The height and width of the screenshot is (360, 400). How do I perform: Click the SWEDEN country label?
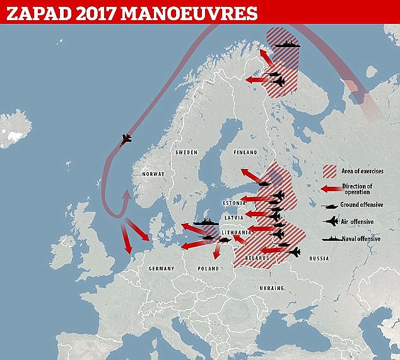(186, 153)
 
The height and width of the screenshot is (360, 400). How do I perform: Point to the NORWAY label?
(153, 174)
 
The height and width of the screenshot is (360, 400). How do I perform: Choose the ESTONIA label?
(234, 203)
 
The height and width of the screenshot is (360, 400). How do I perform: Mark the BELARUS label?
(258, 258)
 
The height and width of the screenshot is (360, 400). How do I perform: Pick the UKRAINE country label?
(272, 287)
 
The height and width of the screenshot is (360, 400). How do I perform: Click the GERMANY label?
(161, 269)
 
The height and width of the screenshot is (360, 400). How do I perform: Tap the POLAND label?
(208, 269)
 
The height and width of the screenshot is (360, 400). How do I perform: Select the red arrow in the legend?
(329, 188)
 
